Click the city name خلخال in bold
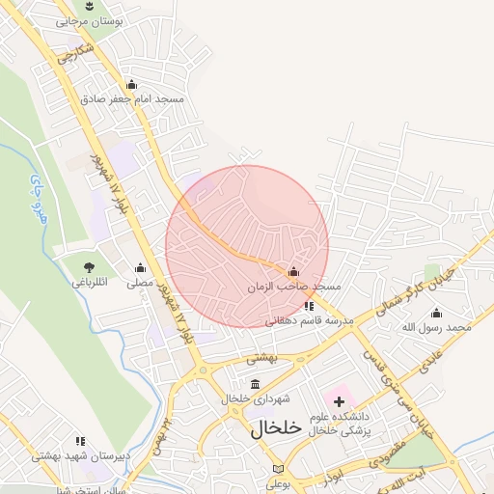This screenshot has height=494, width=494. (x=277, y=429)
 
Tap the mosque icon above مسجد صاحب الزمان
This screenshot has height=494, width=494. (x=294, y=272)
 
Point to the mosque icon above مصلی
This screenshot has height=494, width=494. (x=140, y=268)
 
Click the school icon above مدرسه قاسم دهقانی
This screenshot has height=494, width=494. (x=309, y=306)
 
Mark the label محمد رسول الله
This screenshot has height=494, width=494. (x=437, y=327)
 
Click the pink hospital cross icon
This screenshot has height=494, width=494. (x=339, y=400)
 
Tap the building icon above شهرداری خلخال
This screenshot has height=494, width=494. (x=255, y=384)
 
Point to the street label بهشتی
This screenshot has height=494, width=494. (x=261, y=358)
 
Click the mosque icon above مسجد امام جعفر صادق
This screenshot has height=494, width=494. (x=131, y=85)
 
